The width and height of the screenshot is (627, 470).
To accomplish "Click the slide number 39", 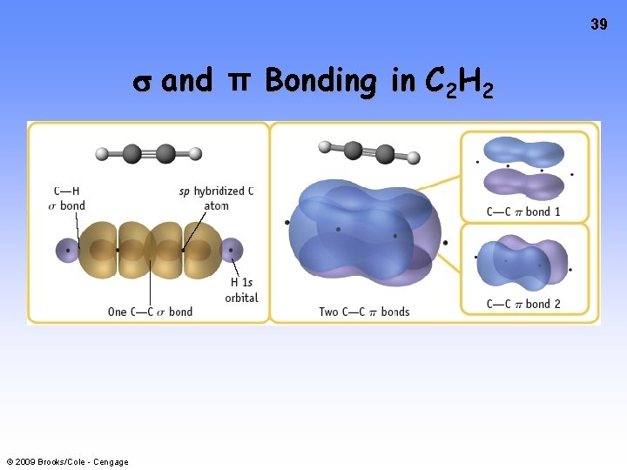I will pyautogui.click(x=598, y=25).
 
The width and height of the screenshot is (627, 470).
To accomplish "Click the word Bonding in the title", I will pyautogui.click(x=320, y=81).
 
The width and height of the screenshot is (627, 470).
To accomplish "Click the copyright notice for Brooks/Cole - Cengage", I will pyautogui.click(x=67, y=461).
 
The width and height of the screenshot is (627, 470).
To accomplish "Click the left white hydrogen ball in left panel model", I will pyautogui.click(x=102, y=154).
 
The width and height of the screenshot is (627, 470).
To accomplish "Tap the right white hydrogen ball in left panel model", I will pyautogui.click(x=195, y=154).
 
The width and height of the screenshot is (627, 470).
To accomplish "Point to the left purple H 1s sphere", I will pyautogui.click(x=67, y=251).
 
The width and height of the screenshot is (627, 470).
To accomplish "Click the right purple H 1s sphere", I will pyautogui.click(x=231, y=251).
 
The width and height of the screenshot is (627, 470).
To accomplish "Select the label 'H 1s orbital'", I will pyautogui.click(x=241, y=290).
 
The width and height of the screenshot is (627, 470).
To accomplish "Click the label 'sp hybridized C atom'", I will pyautogui.click(x=216, y=198).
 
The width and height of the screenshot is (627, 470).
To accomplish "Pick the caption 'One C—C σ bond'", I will pyautogui.click(x=150, y=312).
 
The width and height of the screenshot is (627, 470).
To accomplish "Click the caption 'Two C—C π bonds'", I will pyautogui.click(x=364, y=312).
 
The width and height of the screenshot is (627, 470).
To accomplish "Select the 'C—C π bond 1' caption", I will pyautogui.click(x=523, y=211).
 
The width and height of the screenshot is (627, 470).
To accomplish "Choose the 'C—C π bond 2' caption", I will pyautogui.click(x=523, y=304).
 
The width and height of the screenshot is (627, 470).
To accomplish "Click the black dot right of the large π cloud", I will pyautogui.click(x=445, y=243).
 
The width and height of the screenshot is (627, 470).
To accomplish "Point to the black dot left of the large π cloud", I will pyautogui.click(x=287, y=223).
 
